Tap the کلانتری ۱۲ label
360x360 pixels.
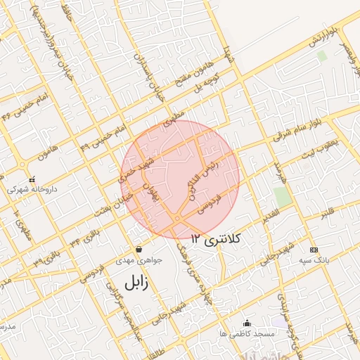click(215, 240)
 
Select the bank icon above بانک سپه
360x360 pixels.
click(313, 250)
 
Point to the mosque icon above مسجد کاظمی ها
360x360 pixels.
click(246, 323)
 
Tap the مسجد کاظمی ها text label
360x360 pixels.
click(246, 333)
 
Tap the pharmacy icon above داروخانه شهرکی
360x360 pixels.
click(32, 179)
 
